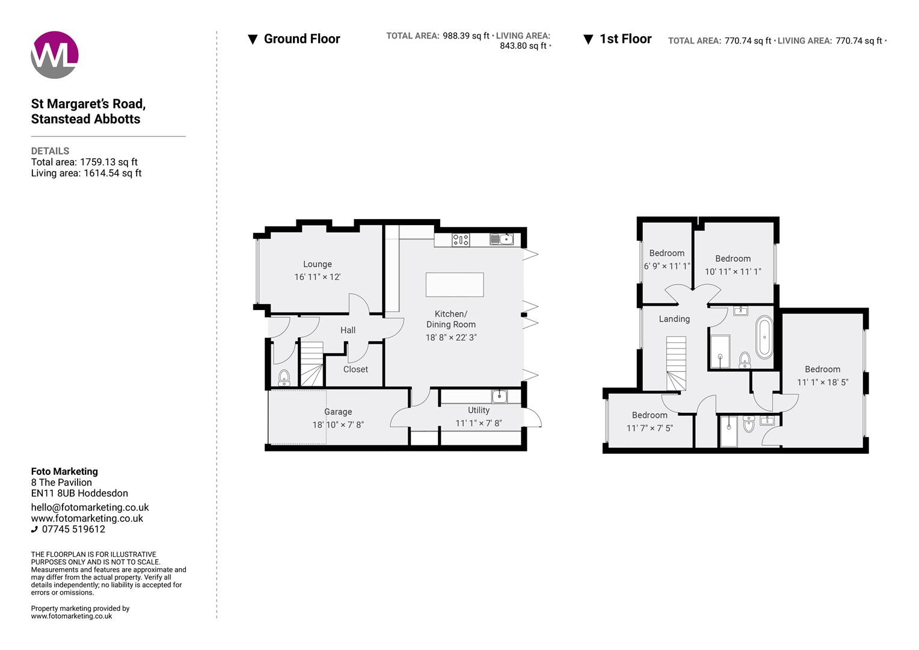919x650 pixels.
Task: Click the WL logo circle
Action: click(x=55, y=55)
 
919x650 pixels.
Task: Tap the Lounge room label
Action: click(x=317, y=264)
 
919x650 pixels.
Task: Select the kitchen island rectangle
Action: click(x=454, y=285)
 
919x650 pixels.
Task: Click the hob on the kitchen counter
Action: click(x=461, y=240)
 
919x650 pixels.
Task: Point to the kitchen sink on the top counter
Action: click(x=502, y=240)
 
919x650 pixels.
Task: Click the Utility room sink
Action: click(x=499, y=397)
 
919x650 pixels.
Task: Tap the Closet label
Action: click(x=355, y=370)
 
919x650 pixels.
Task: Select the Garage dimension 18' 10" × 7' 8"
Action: click(x=337, y=425)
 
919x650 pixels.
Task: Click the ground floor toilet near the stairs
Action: click(x=284, y=377)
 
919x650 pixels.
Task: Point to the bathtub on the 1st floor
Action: click(x=764, y=336)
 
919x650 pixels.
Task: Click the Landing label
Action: click(x=674, y=319)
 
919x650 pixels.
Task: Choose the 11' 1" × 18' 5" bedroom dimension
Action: click(x=822, y=382)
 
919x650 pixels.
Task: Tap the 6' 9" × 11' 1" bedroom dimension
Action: click(x=666, y=266)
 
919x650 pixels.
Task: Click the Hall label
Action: click(x=348, y=330)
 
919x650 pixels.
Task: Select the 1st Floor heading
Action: click(x=625, y=39)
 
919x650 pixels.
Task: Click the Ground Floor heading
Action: click(x=301, y=39)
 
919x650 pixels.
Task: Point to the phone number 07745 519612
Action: click(x=73, y=530)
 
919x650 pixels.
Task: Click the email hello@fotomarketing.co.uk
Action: click(x=90, y=507)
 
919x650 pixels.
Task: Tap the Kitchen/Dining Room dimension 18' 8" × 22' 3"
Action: click(x=450, y=338)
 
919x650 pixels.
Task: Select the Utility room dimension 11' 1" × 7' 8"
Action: click(x=478, y=423)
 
